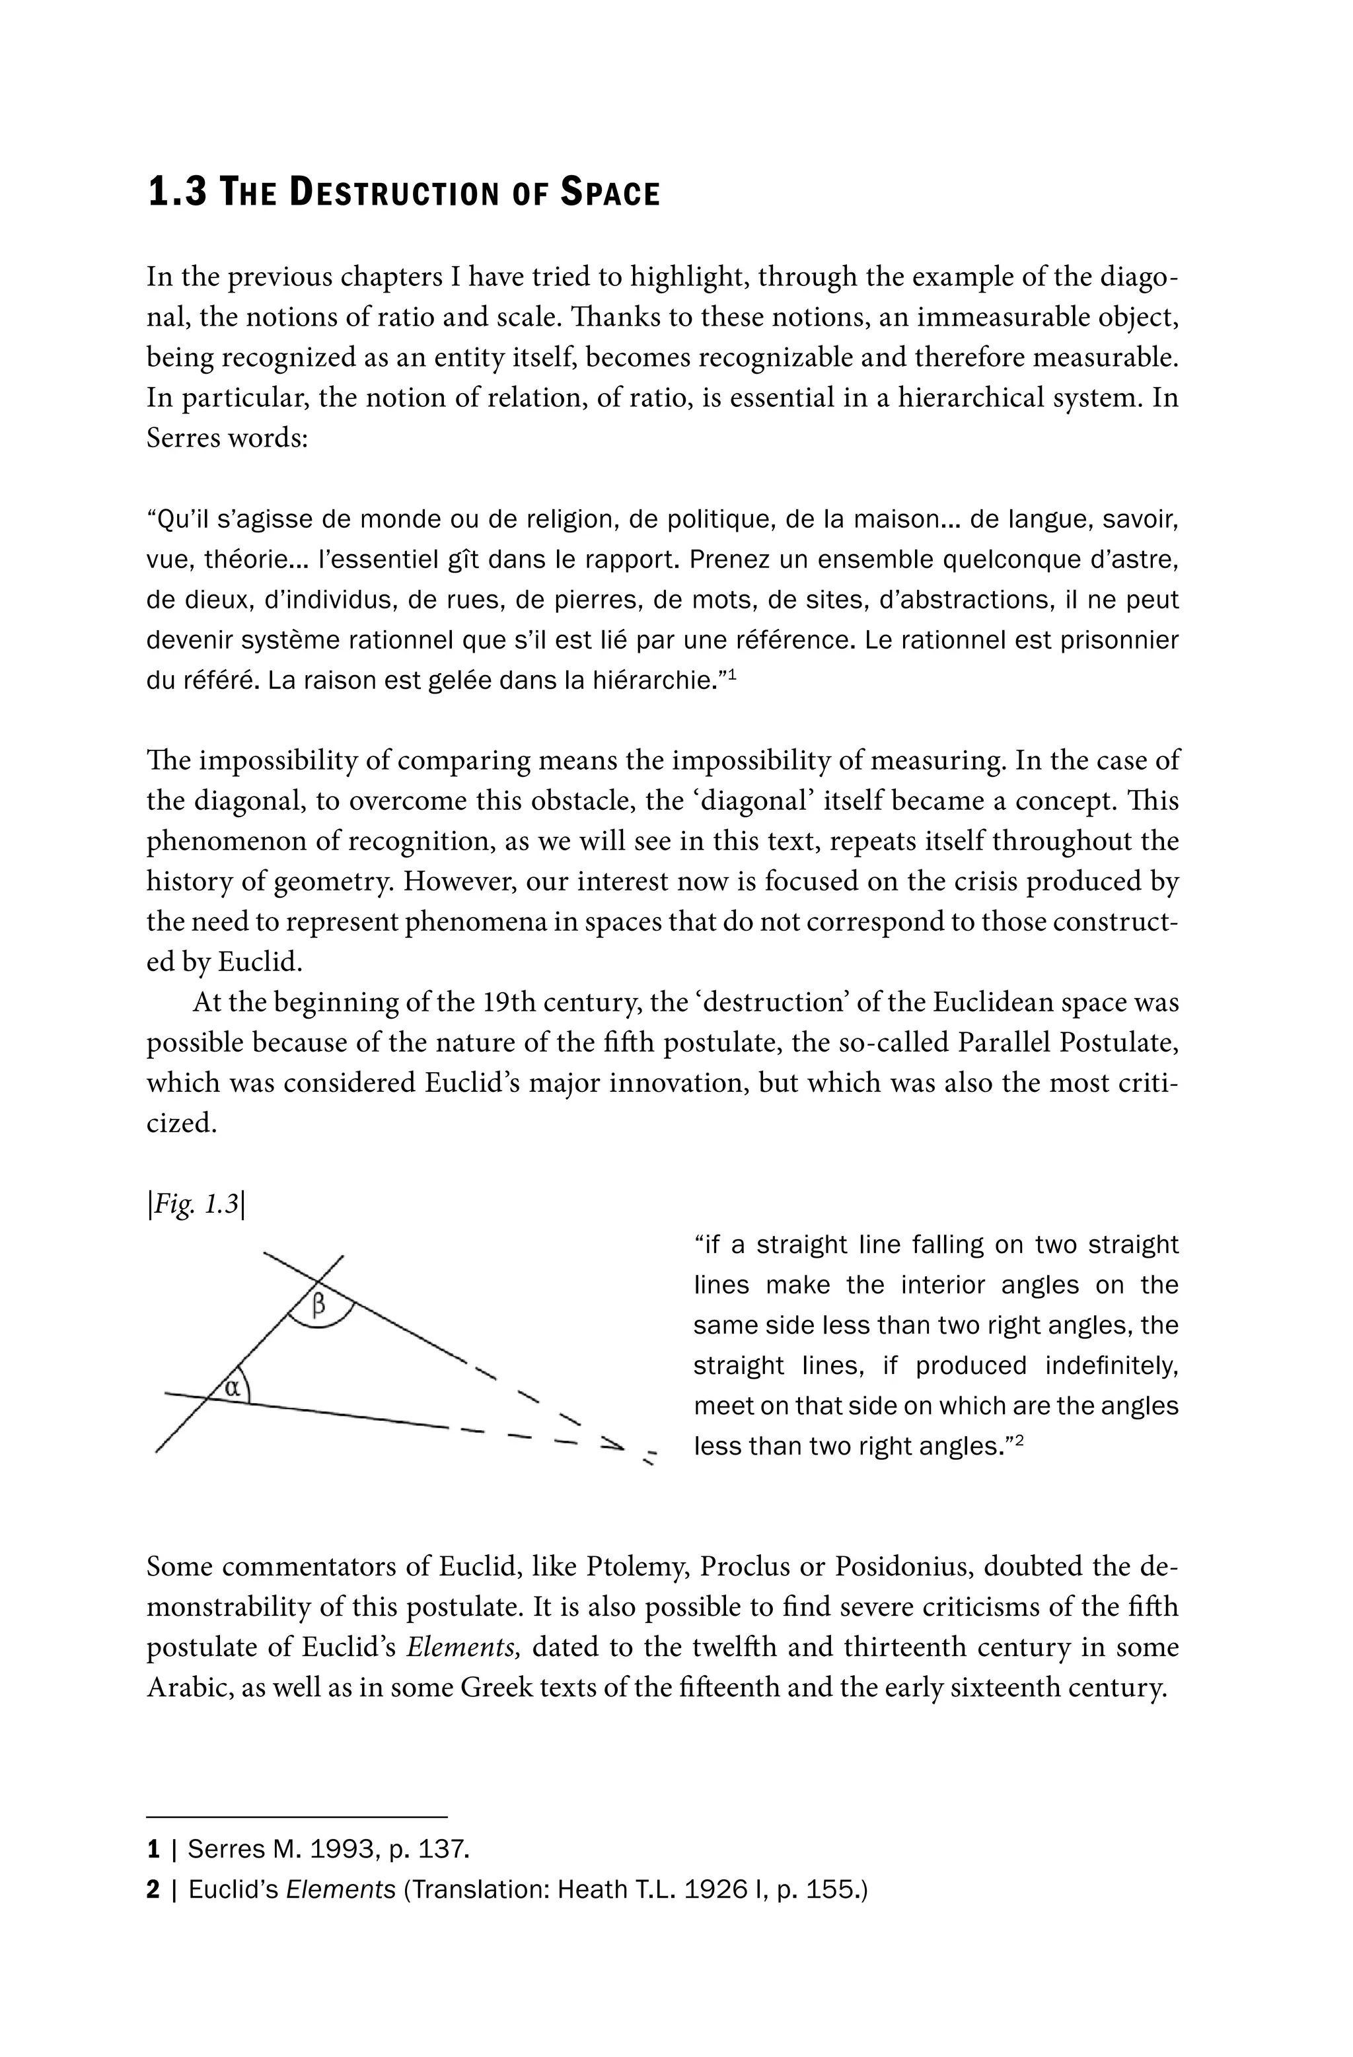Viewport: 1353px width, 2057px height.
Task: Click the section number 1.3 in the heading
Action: [177, 192]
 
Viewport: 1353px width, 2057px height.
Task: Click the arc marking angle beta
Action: [320, 1325]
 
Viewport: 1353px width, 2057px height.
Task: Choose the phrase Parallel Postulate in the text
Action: [1067, 1042]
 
